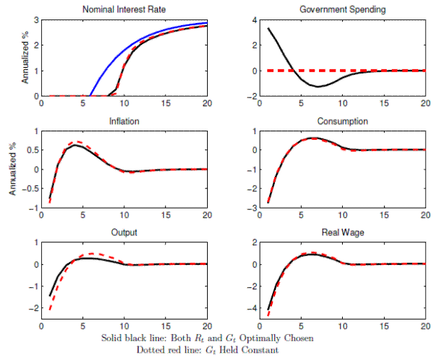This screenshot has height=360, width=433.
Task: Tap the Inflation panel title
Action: point(124,120)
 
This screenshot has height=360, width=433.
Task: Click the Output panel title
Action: point(124,233)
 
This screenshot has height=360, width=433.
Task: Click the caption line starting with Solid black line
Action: point(216,338)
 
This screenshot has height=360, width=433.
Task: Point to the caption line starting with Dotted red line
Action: point(216,351)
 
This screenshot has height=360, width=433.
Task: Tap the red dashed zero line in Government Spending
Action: point(361,71)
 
